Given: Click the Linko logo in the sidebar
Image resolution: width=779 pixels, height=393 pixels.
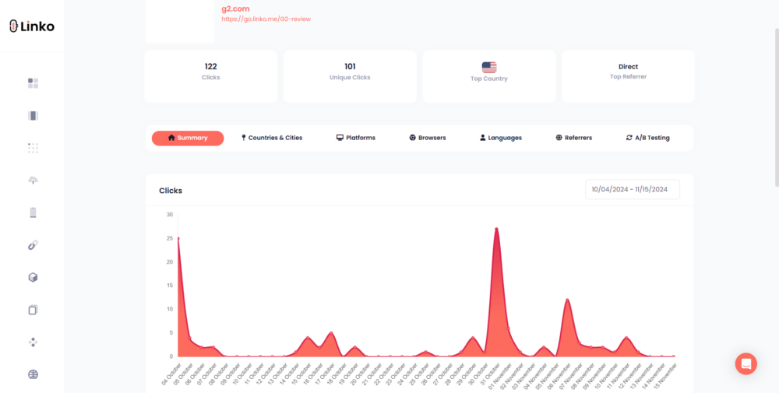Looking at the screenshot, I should [32, 26].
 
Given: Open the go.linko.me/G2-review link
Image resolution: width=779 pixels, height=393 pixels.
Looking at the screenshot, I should [266, 19].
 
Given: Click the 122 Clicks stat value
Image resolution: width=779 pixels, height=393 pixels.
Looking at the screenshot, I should [210, 67].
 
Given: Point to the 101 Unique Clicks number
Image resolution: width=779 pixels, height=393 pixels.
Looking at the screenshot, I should [350, 67].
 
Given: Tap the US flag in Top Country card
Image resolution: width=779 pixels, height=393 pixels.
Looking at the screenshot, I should [489, 68].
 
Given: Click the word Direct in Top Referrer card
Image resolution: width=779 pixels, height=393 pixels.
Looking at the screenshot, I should [628, 67].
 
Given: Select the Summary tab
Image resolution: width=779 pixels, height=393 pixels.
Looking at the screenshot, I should [188, 138].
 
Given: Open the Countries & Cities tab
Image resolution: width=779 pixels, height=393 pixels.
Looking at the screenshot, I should [272, 138].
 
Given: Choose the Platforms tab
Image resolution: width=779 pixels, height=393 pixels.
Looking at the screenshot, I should [356, 138].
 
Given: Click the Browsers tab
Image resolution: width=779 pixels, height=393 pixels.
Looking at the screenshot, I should [428, 138].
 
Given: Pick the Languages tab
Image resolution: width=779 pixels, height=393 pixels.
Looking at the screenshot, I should [501, 138].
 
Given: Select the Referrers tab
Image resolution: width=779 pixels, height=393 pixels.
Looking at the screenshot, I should [574, 138].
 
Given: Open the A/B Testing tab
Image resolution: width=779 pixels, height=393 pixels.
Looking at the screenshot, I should [648, 138].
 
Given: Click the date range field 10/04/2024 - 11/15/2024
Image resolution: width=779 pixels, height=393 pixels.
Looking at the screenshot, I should [632, 190].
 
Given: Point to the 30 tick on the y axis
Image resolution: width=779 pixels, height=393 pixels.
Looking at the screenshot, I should [170, 214].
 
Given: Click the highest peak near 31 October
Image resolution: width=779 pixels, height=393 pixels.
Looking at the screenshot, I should [496, 229].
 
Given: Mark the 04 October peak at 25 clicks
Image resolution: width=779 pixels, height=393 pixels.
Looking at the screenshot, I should [178, 238].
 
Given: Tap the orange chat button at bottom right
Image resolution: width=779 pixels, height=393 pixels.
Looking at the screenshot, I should [746, 363].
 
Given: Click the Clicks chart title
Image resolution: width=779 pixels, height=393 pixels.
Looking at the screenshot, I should [171, 191].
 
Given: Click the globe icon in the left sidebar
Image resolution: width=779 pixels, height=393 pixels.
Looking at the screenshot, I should [33, 374].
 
